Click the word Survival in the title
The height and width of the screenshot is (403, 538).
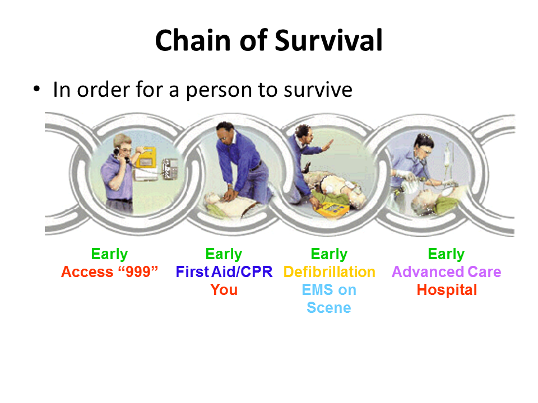(x=328, y=40)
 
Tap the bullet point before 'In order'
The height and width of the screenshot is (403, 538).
(x=37, y=90)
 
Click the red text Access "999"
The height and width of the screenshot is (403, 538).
(x=109, y=272)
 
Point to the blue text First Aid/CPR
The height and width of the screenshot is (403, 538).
(x=224, y=272)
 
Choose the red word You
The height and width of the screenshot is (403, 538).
(x=224, y=289)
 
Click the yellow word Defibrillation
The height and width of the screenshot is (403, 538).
(x=330, y=272)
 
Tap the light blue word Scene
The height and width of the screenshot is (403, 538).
(x=329, y=307)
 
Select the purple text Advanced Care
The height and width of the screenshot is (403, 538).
(x=447, y=272)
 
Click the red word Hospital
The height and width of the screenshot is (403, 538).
(x=447, y=290)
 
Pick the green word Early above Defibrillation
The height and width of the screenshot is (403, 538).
(x=329, y=254)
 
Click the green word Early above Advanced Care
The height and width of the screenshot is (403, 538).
(x=446, y=254)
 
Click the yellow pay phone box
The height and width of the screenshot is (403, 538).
(x=146, y=158)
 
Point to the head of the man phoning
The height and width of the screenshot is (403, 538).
(x=123, y=146)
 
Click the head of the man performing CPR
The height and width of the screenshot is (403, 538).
(x=225, y=134)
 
